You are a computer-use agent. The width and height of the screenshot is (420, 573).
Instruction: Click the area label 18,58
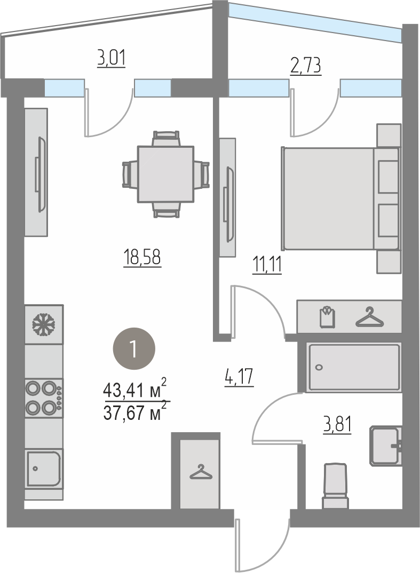point(142,258)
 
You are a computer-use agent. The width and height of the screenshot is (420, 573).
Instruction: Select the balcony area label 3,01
point(111,59)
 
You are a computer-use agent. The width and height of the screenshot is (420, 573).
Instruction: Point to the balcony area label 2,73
point(306,66)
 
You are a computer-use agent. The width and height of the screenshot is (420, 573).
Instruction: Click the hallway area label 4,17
point(239,377)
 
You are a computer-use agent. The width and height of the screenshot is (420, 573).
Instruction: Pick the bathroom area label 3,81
point(337,425)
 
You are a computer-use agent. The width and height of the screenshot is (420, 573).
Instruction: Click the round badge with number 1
point(134,349)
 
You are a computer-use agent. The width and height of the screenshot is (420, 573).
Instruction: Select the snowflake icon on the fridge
point(44,324)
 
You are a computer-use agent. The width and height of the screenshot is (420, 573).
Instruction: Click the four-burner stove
point(44,398)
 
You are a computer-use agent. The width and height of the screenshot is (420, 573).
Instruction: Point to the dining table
point(165,174)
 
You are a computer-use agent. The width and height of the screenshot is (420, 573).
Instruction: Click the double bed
point(340,198)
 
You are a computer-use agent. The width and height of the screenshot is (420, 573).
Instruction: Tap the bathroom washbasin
point(386,446)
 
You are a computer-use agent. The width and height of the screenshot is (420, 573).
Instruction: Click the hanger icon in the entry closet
point(201,472)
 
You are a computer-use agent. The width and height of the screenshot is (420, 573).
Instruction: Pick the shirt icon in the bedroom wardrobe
point(327,317)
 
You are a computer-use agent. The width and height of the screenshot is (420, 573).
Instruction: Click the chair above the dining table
point(167,139)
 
